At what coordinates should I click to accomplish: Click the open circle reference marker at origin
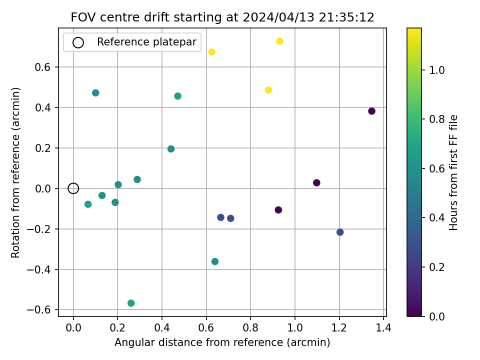[x=73, y=188]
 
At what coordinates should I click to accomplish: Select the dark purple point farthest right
[x=371, y=111]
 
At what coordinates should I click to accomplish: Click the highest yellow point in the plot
[x=279, y=41]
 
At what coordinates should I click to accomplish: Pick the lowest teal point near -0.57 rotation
[x=131, y=303]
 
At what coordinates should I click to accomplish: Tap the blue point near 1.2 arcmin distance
[x=340, y=232]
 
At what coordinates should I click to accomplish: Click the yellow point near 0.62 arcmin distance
[x=211, y=52]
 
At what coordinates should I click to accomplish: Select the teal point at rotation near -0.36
[x=215, y=261]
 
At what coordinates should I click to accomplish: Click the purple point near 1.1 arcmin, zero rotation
[x=316, y=183]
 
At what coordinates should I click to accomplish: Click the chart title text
[x=222, y=17]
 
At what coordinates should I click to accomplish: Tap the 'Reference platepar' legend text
[x=146, y=42]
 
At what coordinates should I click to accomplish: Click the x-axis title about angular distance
[x=222, y=342]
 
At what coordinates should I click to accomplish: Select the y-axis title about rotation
[x=16, y=172]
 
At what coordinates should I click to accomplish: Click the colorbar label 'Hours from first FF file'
[x=453, y=172]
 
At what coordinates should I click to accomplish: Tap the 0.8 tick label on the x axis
[x=250, y=328]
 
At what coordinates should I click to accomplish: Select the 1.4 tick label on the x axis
[x=383, y=328]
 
